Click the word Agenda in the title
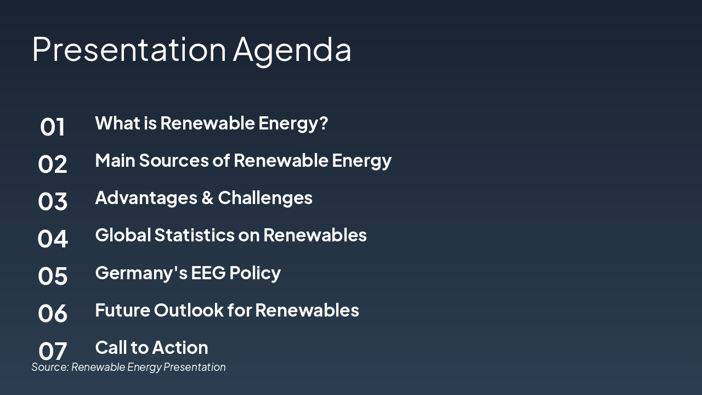coord(292,49)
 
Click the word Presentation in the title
coord(129,49)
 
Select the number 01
coord(53,127)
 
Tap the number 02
coord(53,165)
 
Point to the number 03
coord(53,202)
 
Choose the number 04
coord(53,239)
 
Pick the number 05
coord(53,276)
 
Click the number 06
coord(53,314)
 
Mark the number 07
coord(53,351)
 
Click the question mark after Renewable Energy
coord(323,123)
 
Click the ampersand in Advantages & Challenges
coord(207,198)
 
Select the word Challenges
coord(265,198)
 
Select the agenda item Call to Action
coord(151,348)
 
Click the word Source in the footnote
coord(49,367)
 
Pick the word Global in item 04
coord(123,235)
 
